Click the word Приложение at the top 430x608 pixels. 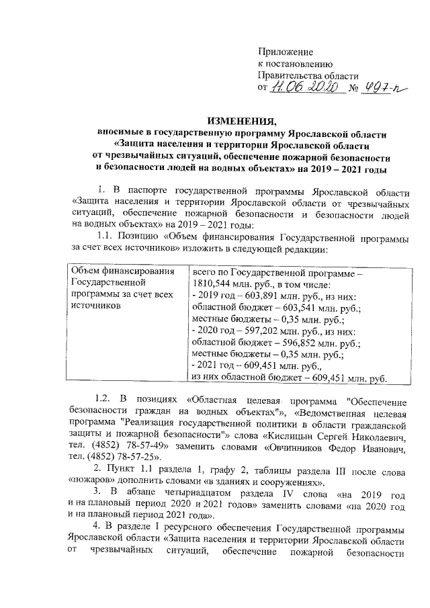coord(286,52)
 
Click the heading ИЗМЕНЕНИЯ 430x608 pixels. coord(242,121)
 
